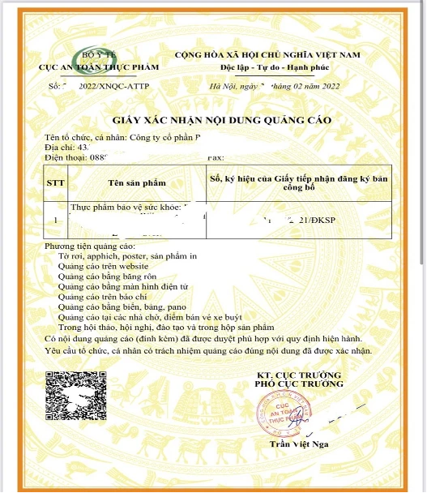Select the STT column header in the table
(x=56, y=183)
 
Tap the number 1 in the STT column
(x=55, y=219)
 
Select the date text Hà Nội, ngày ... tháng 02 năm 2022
(x=274, y=84)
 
